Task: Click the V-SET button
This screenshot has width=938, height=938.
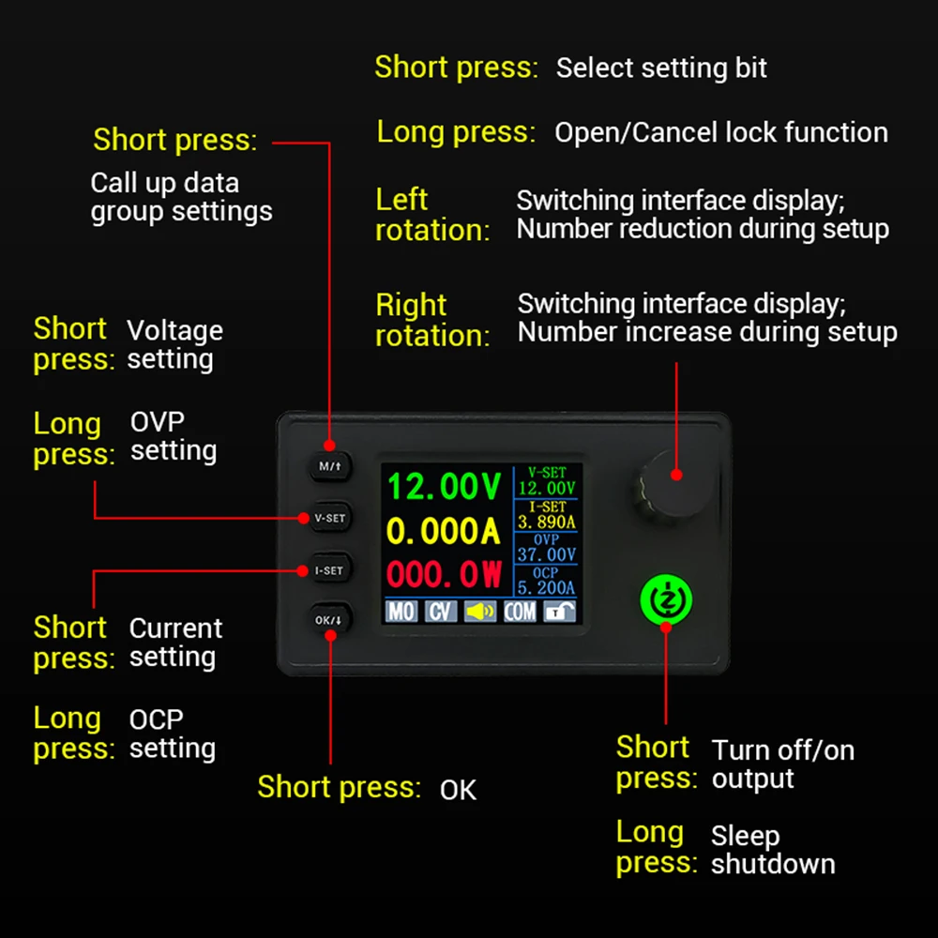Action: tap(329, 518)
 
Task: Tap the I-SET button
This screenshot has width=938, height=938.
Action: tap(329, 569)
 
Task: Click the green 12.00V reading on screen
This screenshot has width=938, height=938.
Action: tap(445, 487)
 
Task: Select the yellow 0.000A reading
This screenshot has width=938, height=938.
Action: tap(444, 532)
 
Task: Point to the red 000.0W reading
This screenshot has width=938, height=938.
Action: tap(445, 574)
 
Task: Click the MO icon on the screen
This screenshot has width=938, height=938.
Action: tap(401, 612)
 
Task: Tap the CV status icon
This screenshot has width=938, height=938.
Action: tap(440, 612)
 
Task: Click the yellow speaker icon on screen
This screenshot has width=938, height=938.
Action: tap(480, 612)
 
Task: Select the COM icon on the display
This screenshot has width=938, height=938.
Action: tap(520, 612)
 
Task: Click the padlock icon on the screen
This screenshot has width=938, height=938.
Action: tap(560, 612)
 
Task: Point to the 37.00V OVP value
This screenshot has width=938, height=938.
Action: tap(547, 554)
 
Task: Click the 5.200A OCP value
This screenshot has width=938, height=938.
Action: tap(547, 588)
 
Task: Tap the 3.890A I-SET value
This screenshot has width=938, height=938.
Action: tap(547, 522)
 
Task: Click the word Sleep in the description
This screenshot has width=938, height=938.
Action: tap(745, 836)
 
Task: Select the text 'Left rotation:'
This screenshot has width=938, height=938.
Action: tap(432, 215)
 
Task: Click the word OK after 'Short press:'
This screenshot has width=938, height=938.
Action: tap(458, 791)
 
